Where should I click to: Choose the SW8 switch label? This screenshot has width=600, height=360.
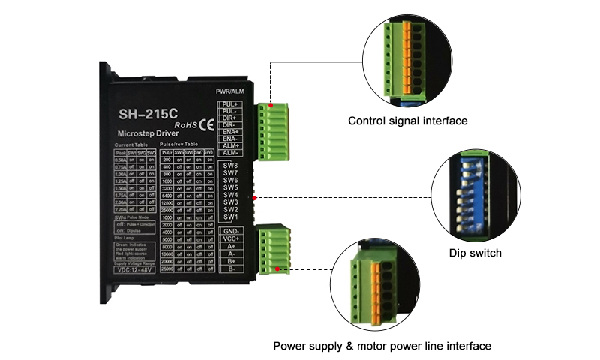click(x=231, y=166)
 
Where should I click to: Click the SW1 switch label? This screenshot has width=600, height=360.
click(x=231, y=217)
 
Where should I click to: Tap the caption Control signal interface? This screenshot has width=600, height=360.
click(x=408, y=121)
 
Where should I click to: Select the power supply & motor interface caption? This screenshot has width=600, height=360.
click(x=382, y=346)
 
